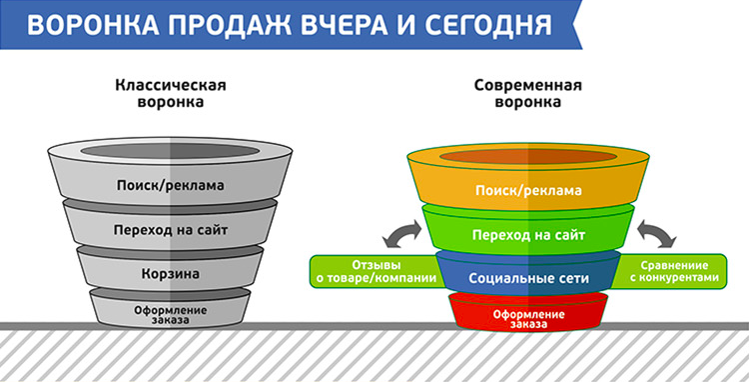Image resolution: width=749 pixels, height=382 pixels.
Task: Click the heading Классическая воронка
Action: point(170,93)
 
